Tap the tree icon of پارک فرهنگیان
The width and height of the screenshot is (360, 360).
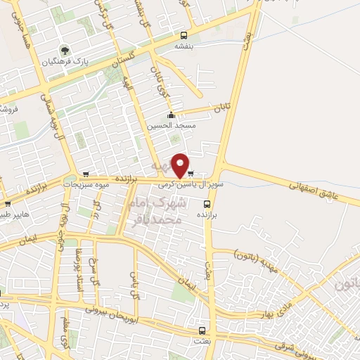click(65, 51)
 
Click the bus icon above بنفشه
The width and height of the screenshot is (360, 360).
click(184, 35)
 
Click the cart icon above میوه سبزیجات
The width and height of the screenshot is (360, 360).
click(86, 174)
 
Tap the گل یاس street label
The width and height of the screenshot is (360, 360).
click(132, 283)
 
